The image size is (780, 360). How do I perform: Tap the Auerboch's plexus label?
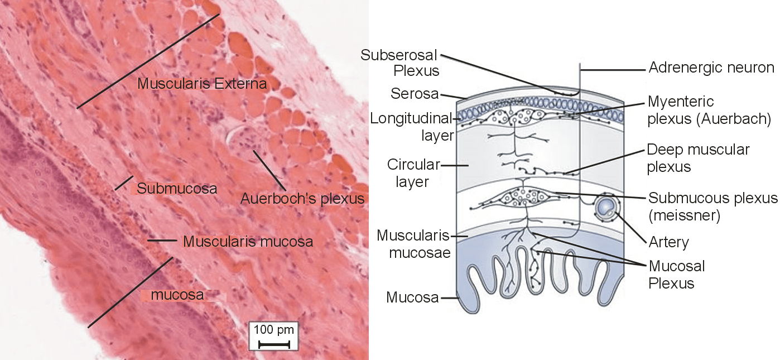tap(302, 199)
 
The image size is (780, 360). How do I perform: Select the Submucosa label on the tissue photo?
tap(177, 188)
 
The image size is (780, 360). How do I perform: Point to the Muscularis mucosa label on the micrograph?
tap(248, 242)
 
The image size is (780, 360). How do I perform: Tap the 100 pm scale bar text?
tap(273, 329)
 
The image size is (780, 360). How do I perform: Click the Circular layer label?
tap(414, 173)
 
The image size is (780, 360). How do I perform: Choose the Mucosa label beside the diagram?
tap(412, 297)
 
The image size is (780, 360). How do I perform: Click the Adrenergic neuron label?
tap(711, 68)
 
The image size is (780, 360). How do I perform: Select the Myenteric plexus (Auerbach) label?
tap(709, 111)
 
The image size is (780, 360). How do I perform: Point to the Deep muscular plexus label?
tap(698, 158)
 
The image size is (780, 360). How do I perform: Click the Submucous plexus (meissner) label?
tap(712, 207)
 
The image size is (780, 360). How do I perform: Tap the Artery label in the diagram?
tap(668, 242)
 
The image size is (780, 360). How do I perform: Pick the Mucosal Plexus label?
tap(677, 274)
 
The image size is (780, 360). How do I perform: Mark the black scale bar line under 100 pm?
tap(274, 344)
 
